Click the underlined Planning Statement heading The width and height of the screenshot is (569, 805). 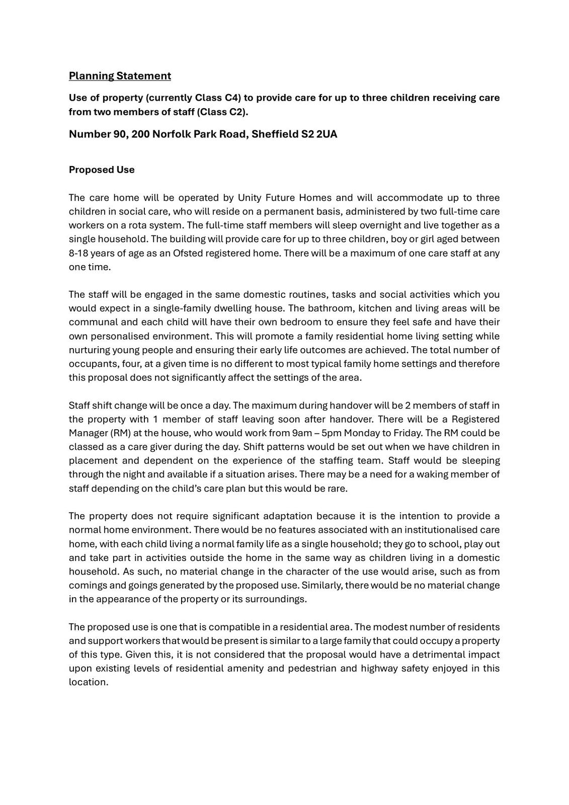pos(120,76)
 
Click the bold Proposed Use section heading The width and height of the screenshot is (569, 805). pos(102,170)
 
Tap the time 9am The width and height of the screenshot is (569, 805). pos(301,433)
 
